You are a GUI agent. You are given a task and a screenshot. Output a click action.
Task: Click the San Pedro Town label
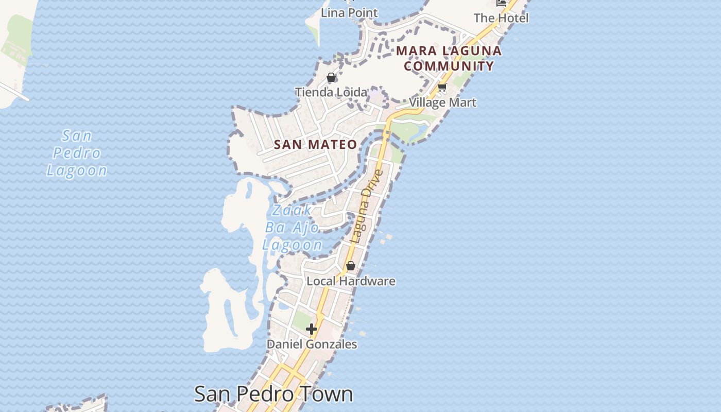(x=273, y=394)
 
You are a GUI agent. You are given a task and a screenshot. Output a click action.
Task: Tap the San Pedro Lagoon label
(x=77, y=153)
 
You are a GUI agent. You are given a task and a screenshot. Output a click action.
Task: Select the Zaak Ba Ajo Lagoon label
(x=293, y=228)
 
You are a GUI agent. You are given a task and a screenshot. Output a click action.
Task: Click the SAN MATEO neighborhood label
(x=315, y=145)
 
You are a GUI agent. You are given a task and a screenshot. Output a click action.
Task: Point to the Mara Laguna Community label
(x=449, y=58)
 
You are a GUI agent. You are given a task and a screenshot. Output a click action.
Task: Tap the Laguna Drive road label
(x=367, y=206)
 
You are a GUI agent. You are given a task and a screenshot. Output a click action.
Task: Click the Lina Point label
(x=349, y=13)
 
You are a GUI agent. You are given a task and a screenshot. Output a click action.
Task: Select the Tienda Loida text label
(x=331, y=92)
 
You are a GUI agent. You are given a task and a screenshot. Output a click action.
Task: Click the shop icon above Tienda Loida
(x=331, y=78)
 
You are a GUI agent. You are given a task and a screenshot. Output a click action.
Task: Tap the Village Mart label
(x=443, y=102)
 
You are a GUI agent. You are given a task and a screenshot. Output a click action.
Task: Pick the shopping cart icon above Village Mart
(x=442, y=87)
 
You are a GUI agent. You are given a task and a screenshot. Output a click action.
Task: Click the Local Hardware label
(x=351, y=281)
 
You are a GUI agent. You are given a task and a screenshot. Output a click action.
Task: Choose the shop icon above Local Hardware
(x=351, y=266)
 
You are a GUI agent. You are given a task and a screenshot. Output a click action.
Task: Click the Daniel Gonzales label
(x=312, y=344)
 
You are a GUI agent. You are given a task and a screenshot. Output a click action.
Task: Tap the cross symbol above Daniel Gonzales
(x=312, y=329)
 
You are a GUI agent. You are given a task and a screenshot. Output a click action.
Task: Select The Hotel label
(x=501, y=18)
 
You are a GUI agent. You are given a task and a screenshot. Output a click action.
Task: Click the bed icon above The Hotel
(x=501, y=3)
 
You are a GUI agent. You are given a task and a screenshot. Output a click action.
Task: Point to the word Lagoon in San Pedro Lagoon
(x=77, y=170)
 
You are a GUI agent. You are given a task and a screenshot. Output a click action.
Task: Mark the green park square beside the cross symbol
(x=300, y=320)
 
